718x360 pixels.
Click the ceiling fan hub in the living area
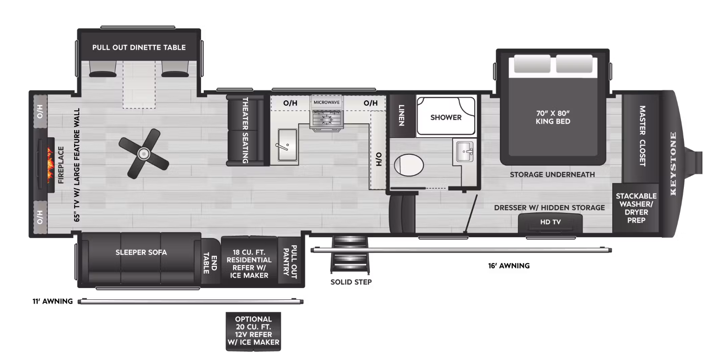144,154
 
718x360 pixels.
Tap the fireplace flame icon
50,165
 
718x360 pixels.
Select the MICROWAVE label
326,102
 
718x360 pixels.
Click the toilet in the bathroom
408,165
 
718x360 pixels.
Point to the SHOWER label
446,117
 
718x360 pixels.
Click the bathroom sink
465,152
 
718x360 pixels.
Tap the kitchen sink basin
287,144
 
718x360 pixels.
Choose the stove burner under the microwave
326,120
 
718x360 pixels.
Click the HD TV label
550,222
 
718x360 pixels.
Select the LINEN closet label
401,115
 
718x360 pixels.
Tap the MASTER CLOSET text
642,136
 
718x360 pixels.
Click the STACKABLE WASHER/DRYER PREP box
636,208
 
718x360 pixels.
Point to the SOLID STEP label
351,282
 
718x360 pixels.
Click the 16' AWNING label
509,266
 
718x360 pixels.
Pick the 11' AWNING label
53,301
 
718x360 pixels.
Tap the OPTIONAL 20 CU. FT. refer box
253,331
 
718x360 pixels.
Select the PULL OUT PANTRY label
290,262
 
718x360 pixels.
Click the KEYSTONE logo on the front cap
673,163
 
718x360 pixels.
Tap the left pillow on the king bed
532,63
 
